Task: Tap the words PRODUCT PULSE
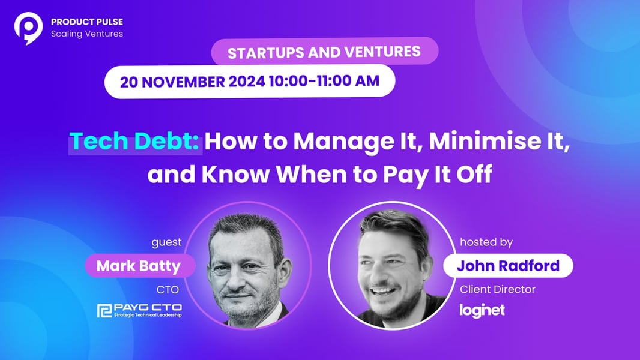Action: (87, 22)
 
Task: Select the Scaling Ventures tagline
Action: (87, 34)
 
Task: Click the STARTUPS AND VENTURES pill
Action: (324, 52)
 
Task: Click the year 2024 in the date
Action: (247, 81)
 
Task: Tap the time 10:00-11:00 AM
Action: (324, 81)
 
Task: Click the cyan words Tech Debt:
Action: (134, 142)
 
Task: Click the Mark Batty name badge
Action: (139, 266)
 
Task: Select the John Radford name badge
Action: (508, 265)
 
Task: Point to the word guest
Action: (166, 242)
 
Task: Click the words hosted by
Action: (486, 242)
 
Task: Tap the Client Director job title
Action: (498, 289)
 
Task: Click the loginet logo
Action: (482, 311)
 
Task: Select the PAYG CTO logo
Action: (140, 310)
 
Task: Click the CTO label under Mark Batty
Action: (168, 290)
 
